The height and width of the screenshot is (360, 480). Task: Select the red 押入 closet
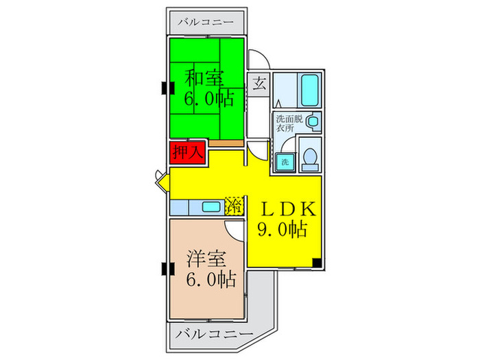point(187,152)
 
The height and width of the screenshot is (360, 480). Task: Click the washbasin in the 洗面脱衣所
point(313,122)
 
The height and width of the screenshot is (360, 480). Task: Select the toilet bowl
point(310,156)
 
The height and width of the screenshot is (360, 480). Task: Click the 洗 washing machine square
point(283,162)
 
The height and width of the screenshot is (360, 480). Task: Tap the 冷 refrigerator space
point(234,205)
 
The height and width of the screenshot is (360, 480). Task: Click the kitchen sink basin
point(212,206)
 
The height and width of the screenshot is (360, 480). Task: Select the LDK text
point(287,208)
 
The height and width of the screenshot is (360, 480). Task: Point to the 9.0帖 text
point(282,230)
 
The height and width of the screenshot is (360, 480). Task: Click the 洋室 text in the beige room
point(205,260)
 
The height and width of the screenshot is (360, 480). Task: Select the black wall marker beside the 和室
point(165,88)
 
